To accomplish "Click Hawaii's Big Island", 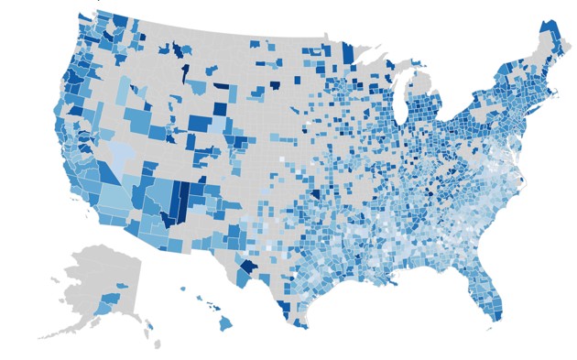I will tap(225, 323).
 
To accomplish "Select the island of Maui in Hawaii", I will tap(212, 307).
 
